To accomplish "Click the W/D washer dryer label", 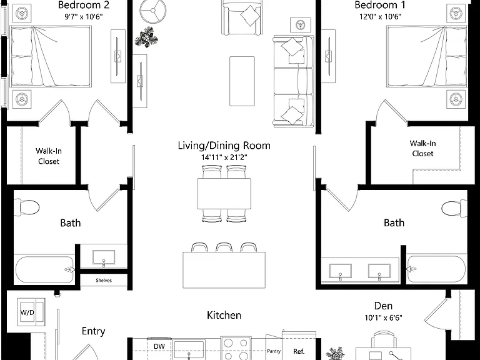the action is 27,312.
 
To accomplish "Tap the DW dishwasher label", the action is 159,346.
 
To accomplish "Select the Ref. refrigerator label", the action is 299,351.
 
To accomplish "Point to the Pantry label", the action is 274,351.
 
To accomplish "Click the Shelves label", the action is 104,280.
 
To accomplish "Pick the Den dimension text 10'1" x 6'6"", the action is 383,317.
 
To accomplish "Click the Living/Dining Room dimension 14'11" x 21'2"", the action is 224,157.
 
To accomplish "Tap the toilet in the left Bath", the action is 27,207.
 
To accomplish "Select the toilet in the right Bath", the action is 454,208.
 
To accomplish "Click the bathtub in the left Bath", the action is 45,270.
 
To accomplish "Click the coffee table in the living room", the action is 242,81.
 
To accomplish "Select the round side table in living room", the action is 153,11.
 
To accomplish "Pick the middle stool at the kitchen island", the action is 224,247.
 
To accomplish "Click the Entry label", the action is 93,331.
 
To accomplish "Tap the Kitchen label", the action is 224,315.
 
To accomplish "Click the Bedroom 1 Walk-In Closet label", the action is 422,148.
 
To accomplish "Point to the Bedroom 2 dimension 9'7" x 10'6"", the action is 83,16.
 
